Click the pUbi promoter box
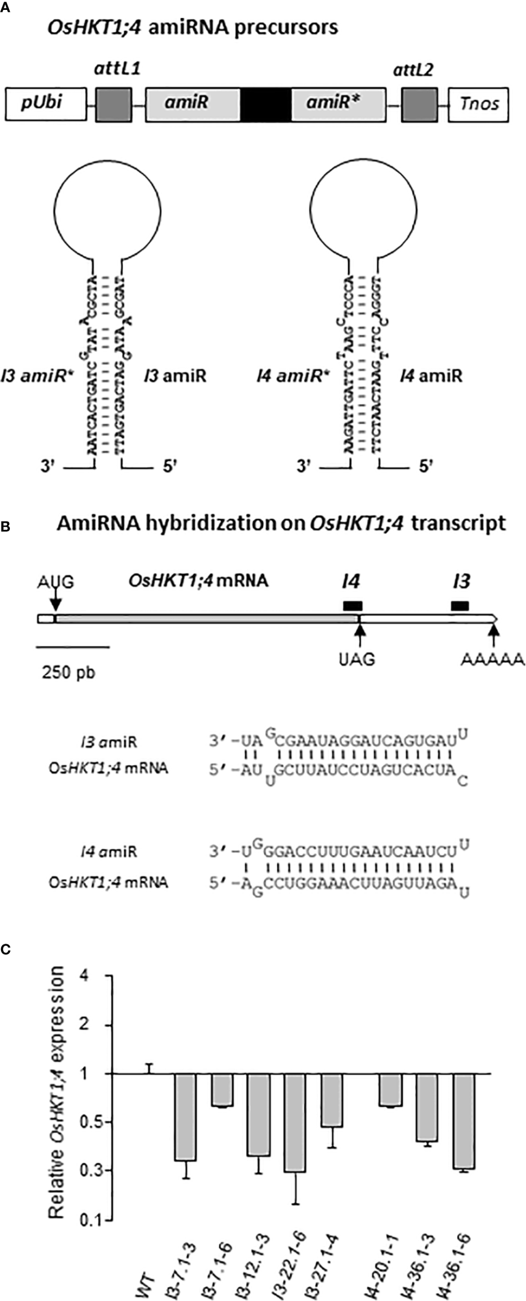(46, 105)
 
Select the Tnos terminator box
(478, 105)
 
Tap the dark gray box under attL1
(113, 105)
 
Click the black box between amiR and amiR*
(265, 105)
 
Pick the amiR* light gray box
(339, 105)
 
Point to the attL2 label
(413, 69)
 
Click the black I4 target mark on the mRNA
(352, 605)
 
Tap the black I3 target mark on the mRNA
(460, 605)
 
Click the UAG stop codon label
(356, 659)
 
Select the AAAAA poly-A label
(493, 659)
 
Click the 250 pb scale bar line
(73, 647)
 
